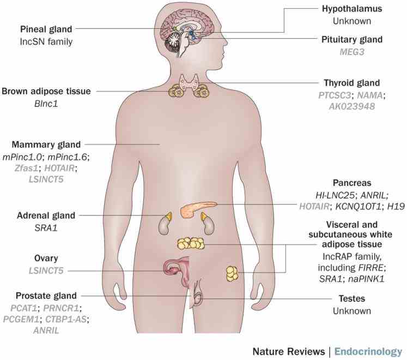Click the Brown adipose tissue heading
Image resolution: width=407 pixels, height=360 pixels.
45,91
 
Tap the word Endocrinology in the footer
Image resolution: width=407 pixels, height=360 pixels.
368,351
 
